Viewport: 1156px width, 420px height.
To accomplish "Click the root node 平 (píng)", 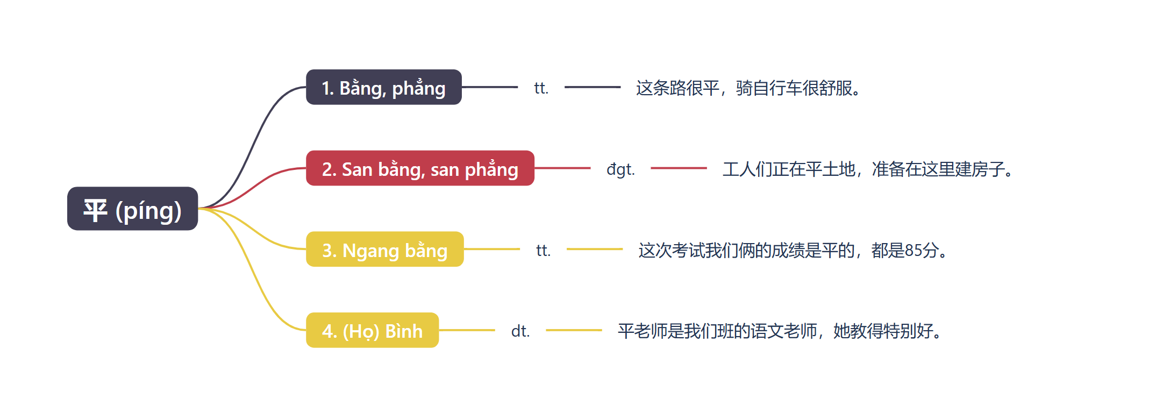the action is pyautogui.click(x=132, y=209).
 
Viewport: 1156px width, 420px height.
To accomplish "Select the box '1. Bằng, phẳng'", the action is pyautogui.click(x=384, y=87).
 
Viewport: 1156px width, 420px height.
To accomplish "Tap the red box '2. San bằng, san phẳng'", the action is pyautogui.click(x=420, y=168).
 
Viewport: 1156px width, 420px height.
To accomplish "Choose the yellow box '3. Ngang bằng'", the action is pyautogui.click(x=384, y=249).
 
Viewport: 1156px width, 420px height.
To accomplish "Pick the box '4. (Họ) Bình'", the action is pyautogui.click(x=372, y=330).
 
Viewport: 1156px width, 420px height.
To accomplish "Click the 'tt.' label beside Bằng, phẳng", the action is pyautogui.click(x=541, y=88).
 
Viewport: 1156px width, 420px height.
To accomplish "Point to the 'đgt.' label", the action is pyautogui.click(x=620, y=169).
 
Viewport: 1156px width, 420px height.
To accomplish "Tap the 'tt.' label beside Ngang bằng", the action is pyautogui.click(x=543, y=250).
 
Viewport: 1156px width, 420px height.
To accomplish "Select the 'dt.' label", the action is pyautogui.click(x=520, y=331).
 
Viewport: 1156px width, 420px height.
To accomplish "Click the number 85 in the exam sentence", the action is pyautogui.click(x=914, y=250).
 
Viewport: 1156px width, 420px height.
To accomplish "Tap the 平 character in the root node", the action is pyautogui.click(x=95, y=210).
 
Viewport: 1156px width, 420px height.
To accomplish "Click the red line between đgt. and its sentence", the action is pyautogui.click(x=679, y=168).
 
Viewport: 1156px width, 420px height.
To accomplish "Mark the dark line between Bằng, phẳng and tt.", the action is pyautogui.click(x=490, y=87).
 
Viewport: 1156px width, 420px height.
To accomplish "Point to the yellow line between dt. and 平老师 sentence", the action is pyautogui.click(x=574, y=330).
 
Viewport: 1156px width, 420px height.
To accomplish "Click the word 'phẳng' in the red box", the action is pyautogui.click(x=491, y=169).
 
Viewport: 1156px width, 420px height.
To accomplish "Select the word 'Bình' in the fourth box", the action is pyautogui.click(x=404, y=331).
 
